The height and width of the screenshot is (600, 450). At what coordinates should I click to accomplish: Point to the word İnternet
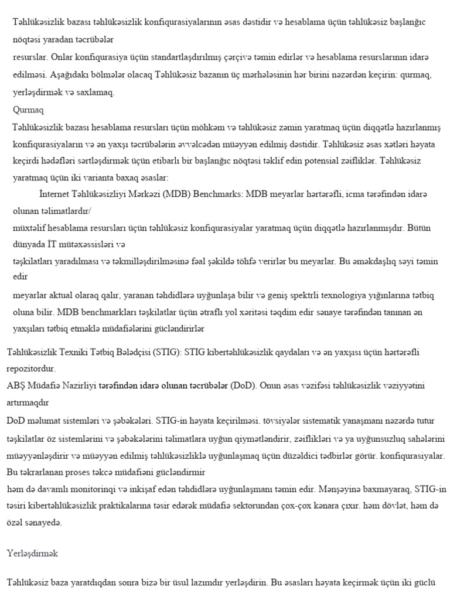(53, 193)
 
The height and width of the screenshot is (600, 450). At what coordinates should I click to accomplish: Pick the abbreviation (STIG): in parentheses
(168, 353)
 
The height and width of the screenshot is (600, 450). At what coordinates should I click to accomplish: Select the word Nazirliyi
(77, 386)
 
